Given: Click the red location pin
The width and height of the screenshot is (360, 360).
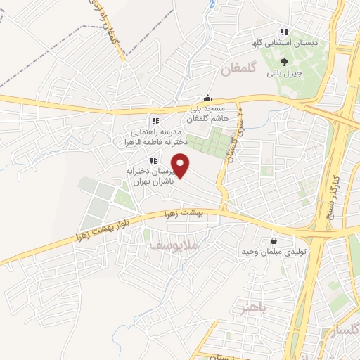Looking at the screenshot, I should pos(181,166).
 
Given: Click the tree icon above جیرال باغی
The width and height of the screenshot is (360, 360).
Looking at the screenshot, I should pos(284,62).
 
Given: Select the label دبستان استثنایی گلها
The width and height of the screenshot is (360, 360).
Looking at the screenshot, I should pos(285,43).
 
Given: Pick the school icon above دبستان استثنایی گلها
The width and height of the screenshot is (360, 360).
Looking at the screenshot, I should pos(284,32).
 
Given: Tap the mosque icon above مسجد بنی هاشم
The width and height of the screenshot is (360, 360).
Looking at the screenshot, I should pos(207,99).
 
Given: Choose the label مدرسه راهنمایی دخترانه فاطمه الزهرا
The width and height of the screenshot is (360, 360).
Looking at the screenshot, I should pos(155,136).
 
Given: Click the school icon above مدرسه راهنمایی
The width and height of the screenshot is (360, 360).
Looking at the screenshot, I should pos(155,122).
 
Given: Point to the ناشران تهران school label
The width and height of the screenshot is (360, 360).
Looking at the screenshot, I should pos(149,176).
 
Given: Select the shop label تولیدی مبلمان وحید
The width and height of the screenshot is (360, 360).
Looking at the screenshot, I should pos(273,252).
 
